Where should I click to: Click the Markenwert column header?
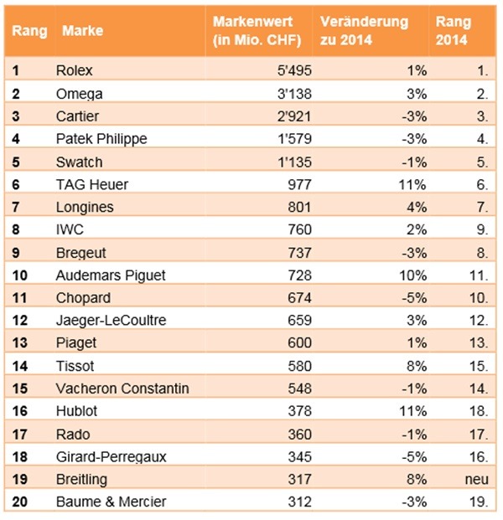(257, 31)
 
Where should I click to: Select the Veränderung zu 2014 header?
(364, 31)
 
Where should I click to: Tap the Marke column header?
(83, 31)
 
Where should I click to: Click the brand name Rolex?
(75, 70)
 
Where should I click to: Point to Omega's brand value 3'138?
(294, 94)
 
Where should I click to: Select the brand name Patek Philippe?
(101, 139)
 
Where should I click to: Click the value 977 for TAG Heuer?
(299, 185)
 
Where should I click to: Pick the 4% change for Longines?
(417, 208)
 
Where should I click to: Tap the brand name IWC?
(70, 229)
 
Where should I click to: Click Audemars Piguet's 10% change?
(412, 275)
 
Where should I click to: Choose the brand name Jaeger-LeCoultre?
(111, 321)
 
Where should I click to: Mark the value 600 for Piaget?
(299, 342)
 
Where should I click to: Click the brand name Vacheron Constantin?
(122, 389)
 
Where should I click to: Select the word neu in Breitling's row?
(477, 479)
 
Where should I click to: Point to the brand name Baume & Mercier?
(111, 502)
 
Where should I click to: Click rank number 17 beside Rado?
(20, 434)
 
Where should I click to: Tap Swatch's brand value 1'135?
(294, 162)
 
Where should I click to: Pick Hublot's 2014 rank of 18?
(479, 411)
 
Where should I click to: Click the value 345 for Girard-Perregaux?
(299, 456)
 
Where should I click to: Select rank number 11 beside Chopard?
(20, 298)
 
